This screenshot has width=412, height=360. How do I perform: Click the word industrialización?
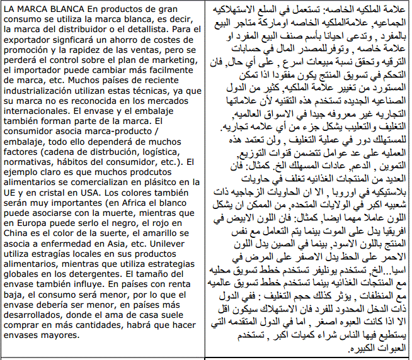(x=43, y=87)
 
